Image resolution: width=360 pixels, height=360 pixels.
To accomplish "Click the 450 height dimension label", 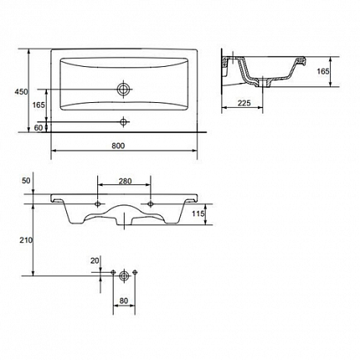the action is click(x=21, y=91).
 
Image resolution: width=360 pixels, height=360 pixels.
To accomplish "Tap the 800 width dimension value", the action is click(x=118, y=146).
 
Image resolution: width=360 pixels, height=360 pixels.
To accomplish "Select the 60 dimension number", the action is click(x=39, y=128).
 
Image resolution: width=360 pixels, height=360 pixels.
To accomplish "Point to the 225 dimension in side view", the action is click(x=244, y=103).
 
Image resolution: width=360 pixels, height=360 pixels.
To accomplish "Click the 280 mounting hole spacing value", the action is click(x=125, y=181).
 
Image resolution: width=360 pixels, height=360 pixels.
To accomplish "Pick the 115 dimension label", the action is click(x=198, y=213).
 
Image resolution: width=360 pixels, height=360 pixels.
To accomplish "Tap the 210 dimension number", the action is click(x=26, y=240).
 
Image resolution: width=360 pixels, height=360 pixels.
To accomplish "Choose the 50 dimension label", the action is click(x=26, y=181).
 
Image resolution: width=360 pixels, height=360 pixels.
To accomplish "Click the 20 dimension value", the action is click(x=95, y=260).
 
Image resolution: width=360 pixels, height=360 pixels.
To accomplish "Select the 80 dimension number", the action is click(x=124, y=301).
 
